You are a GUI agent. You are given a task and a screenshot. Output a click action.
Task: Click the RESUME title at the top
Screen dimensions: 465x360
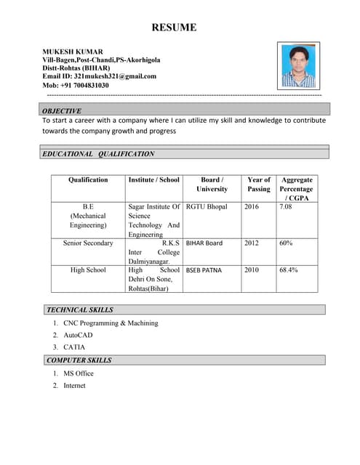point(174,28)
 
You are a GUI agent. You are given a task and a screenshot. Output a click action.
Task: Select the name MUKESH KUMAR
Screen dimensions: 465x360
point(73,52)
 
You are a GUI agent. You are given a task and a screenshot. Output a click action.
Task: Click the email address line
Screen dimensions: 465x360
point(100,76)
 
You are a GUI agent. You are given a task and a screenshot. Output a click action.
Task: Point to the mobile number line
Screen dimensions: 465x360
point(76,85)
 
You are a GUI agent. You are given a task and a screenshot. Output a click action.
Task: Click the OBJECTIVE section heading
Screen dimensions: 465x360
point(62,110)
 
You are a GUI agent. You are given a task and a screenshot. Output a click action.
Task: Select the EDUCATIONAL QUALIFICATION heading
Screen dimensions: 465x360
point(98,154)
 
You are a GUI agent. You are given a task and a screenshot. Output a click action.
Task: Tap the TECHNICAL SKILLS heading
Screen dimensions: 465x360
point(80,310)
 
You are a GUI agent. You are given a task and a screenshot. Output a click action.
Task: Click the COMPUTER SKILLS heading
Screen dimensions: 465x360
point(79,360)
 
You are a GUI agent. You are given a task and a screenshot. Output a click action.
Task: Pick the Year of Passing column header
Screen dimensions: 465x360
point(259,184)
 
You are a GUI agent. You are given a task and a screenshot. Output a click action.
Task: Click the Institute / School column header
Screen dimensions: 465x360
point(153,179)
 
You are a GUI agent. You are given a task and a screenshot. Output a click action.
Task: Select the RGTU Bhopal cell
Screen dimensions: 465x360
point(207,207)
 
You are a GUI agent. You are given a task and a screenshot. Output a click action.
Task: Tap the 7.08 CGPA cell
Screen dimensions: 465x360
point(286,207)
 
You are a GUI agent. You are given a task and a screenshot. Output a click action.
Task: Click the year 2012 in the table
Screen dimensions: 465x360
point(251,243)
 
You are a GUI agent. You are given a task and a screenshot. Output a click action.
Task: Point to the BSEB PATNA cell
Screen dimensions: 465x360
point(204,270)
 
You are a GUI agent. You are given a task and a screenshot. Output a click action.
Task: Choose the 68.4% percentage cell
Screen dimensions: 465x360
point(289,270)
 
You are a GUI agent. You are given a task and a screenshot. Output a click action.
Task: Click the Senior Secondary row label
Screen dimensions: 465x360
point(88,243)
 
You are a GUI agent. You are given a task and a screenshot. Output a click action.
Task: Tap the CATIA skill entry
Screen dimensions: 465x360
point(74,347)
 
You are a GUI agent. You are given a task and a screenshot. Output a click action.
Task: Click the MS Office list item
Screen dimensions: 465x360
point(79,373)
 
